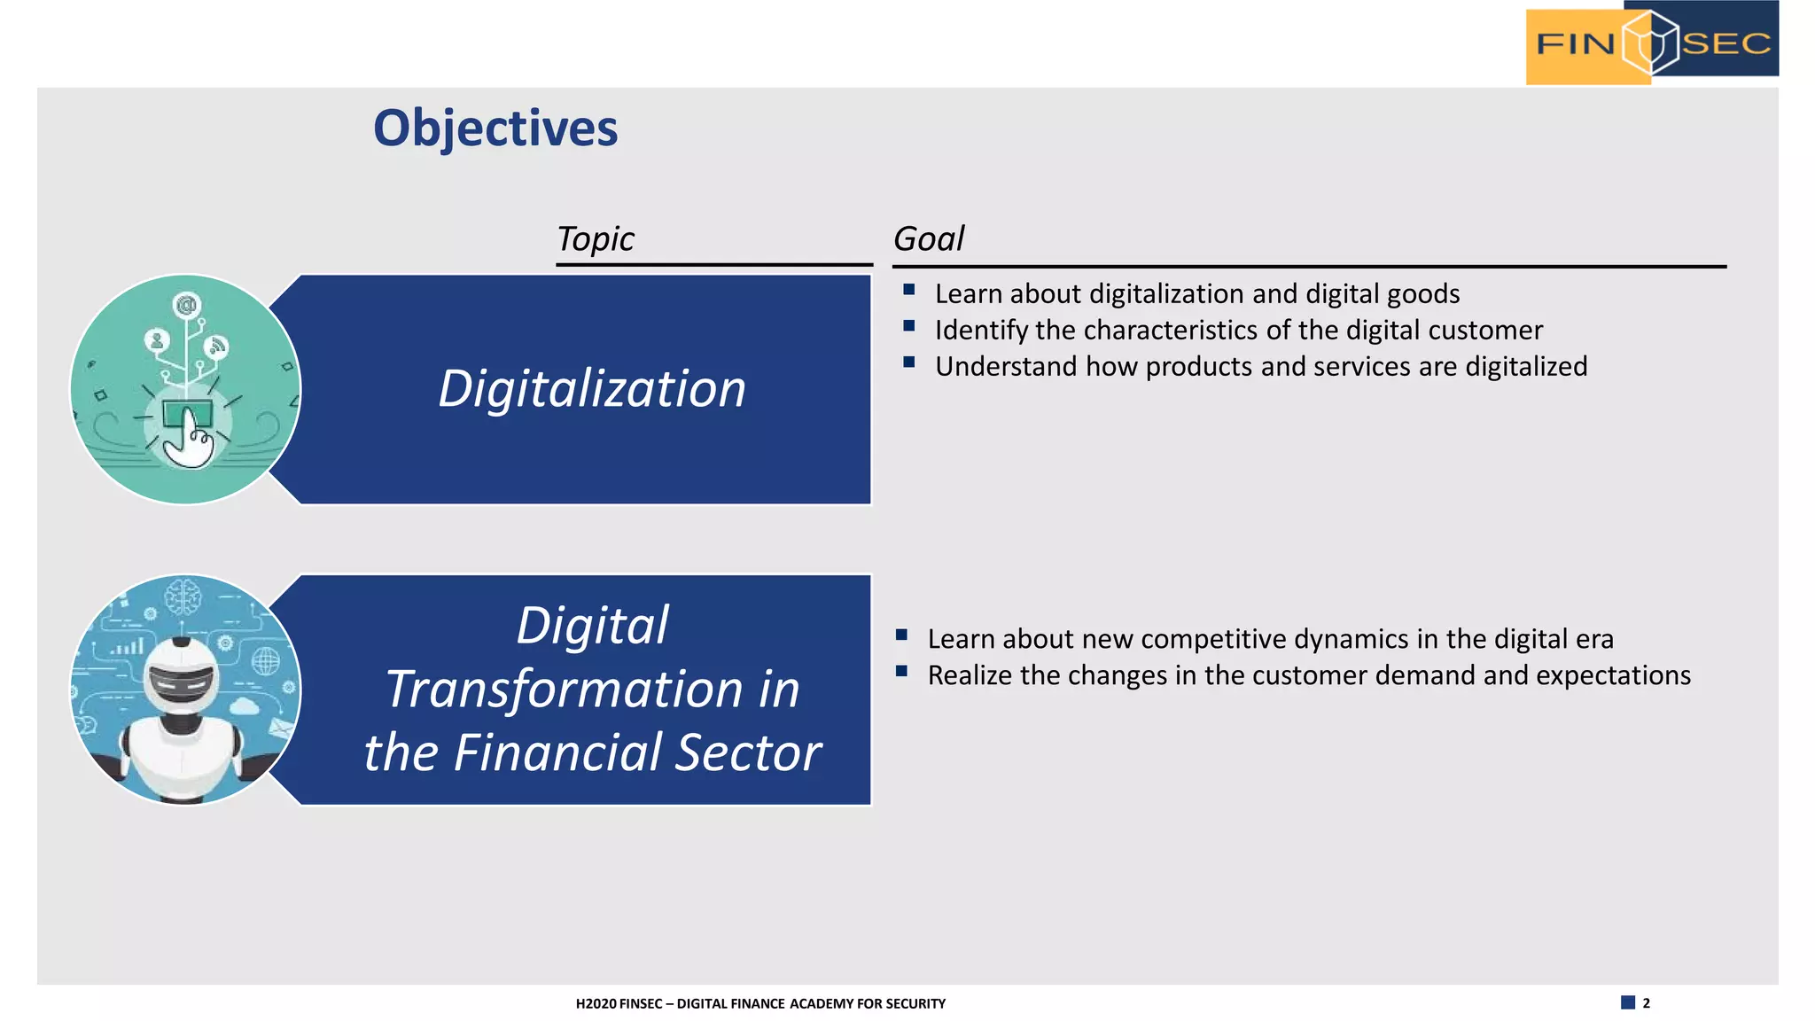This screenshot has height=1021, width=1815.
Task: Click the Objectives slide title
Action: click(495, 129)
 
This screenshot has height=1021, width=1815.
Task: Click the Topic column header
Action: click(595, 238)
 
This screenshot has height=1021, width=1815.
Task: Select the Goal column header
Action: click(928, 238)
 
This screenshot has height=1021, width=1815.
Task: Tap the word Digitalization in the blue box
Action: click(592, 389)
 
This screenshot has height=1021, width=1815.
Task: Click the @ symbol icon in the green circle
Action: click(186, 306)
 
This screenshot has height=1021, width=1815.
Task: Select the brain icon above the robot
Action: click(183, 596)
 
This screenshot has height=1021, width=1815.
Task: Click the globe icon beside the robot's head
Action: click(265, 660)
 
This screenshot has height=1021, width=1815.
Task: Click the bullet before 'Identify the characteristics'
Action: click(908, 326)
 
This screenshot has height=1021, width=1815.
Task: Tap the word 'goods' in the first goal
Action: click(1422, 293)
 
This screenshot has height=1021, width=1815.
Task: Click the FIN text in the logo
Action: click(1575, 43)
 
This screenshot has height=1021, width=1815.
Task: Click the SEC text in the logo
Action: click(1725, 43)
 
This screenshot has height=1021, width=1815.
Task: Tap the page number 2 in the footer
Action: click(1646, 1003)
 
